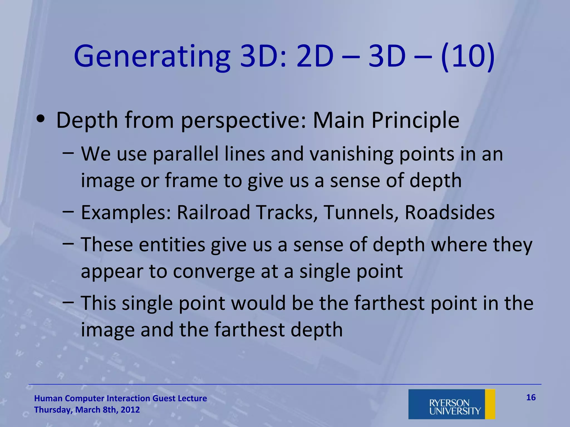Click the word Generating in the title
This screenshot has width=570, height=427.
pyautogui.click(x=152, y=57)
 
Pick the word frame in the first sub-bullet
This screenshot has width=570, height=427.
pyautogui.click(x=191, y=180)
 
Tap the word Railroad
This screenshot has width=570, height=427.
pyautogui.click(x=213, y=212)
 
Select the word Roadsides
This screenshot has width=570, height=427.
pyautogui.click(x=449, y=212)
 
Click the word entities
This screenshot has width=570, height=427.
pyautogui.click(x=172, y=245)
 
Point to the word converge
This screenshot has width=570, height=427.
pyautogui.click(x=213, y=271)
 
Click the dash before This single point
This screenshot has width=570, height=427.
pyautogui.click(x=68, y=301)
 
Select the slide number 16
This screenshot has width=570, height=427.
pyautogui.click(x=531, y=397)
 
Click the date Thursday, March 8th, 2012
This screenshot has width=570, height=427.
pyautogui.click(x=87, y=410)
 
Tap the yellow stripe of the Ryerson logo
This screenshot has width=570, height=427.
pyautogui.click(x=490, y=404)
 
